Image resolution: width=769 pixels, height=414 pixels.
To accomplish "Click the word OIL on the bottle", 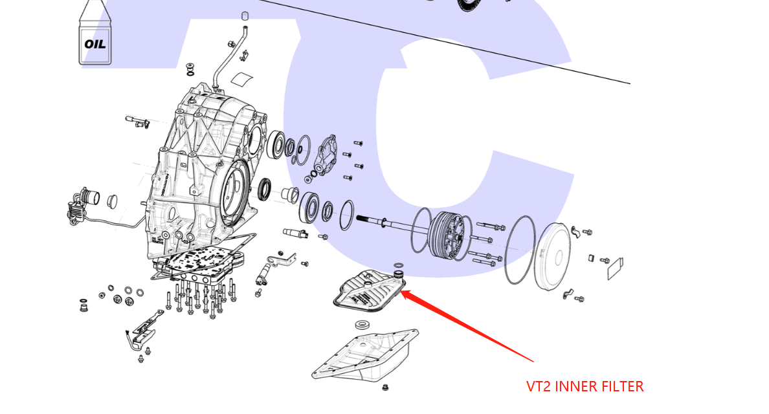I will tap(95, 45).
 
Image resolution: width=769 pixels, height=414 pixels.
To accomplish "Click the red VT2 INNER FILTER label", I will tap(585, 387).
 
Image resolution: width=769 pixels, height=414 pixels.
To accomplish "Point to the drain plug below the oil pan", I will tap(386, 388).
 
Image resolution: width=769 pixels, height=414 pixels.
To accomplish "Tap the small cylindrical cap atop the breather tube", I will tap(245, 16).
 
